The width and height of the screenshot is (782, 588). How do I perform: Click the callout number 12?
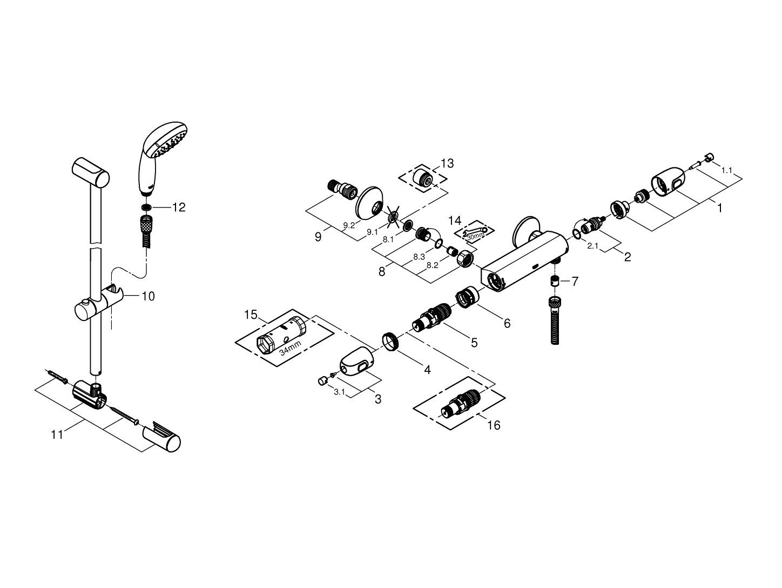pos(179,207)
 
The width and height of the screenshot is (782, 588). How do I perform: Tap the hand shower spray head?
pos(163,158)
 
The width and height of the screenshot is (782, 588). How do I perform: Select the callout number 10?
pos(148,296)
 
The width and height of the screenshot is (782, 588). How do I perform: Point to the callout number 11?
pos(57,435)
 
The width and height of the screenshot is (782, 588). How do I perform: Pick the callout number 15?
pos(251,315)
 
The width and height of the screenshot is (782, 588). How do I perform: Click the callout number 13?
pos(447,163)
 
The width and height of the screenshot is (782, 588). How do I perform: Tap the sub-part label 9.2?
pos(349,225)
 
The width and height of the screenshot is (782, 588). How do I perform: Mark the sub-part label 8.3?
pos(419,257)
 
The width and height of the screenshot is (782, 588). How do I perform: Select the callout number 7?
pos(575,281)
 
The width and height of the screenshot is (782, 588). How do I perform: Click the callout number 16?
pos(494,425)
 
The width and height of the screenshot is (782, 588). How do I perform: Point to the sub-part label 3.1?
pos(339,392)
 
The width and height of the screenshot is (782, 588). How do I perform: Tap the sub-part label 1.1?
pos(727,170)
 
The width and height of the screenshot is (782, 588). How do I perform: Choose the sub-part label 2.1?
pos(593,245)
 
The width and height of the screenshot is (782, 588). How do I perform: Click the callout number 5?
pos(474,343)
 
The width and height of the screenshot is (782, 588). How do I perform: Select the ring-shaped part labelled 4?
pos(391,342)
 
